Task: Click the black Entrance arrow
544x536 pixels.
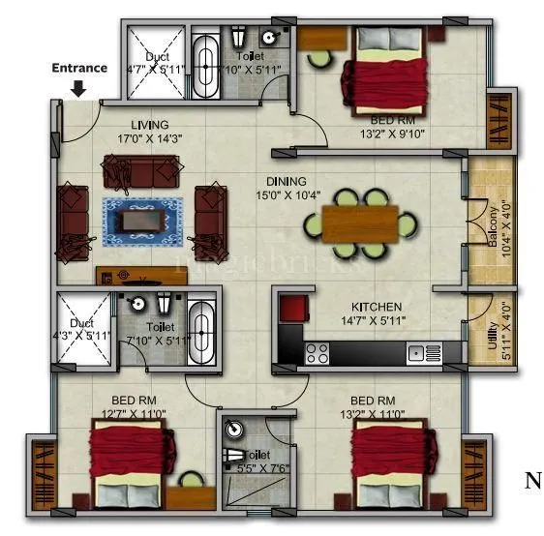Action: [78, 88]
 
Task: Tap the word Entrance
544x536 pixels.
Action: [78, 68]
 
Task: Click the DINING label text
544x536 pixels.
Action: [287, 181]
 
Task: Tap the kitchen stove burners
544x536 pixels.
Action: [317, 354]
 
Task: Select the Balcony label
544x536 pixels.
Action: [493, 228]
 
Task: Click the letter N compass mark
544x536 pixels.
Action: [532, 480]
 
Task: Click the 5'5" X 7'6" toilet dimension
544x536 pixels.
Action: [254, 468]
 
